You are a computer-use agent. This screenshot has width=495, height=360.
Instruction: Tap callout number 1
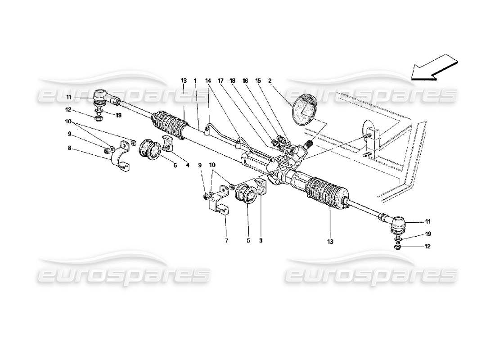click(x=195, y=81)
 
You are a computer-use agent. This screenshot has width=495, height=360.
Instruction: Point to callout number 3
click(x=261, y=241)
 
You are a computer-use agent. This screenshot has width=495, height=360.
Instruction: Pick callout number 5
click(x=248, y=241)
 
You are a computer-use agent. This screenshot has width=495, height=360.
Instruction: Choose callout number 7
click(x=226, y=241)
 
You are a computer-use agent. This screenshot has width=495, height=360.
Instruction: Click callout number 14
click(x=207, y=81)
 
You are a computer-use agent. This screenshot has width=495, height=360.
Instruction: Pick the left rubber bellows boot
click(x=170, y=123)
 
